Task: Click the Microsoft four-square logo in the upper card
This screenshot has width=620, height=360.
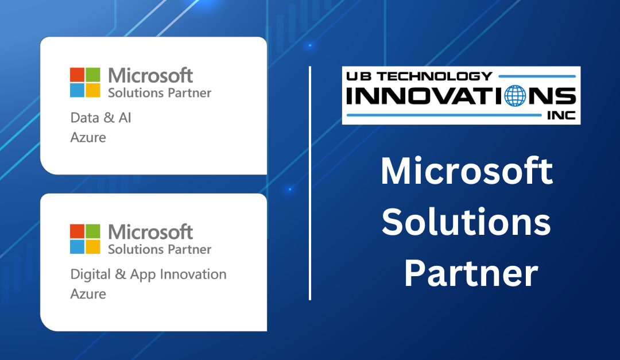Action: tap(85, 83)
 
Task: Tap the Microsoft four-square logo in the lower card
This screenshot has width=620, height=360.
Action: tap(85, 239)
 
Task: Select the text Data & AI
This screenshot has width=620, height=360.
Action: tap(101, 118)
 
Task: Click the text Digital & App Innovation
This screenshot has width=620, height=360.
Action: tap(148, 274)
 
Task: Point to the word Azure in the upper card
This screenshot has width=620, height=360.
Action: tap(88, 137)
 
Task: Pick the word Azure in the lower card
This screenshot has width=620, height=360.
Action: tap(88, 294)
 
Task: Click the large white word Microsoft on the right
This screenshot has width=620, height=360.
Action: tap(467, 171)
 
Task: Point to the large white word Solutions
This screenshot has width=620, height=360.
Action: tap(466, 223)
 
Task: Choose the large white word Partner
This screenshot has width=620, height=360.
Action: tap(471, 274)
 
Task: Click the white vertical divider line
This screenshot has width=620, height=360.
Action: tap(310, 183)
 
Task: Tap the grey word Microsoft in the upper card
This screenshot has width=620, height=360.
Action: tap(150, 75)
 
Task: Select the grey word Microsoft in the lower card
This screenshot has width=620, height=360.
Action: tap(150, 232)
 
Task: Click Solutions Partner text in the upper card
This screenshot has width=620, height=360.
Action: tap(160, 92)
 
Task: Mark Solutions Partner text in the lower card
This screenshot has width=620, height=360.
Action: tap(160, 249)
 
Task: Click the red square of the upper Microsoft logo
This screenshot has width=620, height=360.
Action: tap(77, 75)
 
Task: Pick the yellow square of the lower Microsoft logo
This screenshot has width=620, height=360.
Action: tap(93, 247)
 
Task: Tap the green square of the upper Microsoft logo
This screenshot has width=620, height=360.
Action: tap(93, 75)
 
